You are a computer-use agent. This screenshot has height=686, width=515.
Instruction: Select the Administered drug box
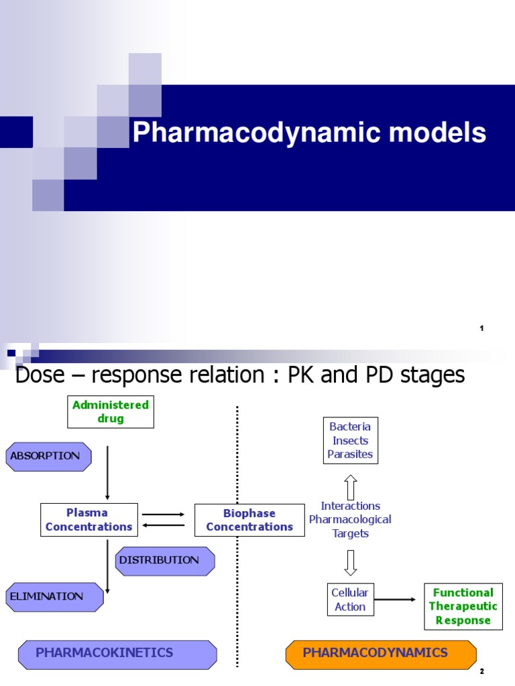(x=111, y=412)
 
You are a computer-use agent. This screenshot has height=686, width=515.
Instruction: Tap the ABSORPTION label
(x=48, y=456)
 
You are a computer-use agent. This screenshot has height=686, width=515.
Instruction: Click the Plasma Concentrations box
(x=89, y=520)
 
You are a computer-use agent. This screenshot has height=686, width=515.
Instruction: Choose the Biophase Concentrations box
(x=249, y=520)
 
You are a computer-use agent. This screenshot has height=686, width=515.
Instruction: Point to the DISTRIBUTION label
(x=164, y=560)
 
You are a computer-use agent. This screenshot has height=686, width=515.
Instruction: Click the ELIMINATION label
(x=54, y=596)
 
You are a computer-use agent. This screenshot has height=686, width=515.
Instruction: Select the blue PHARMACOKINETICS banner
(x=117, y=653)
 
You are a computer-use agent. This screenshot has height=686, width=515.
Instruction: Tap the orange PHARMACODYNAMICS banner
(x=380, y=653)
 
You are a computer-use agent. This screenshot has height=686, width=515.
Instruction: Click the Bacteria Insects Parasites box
(x=349, y=441)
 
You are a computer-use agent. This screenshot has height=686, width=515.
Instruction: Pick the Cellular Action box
(x=349, y=600)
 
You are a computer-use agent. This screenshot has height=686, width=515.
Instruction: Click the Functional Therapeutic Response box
(x=463, y=606)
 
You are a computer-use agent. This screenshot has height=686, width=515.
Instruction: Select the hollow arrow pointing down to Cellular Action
(x=350, y=562)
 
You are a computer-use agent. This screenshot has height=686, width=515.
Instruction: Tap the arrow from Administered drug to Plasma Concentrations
(x=107, y=473)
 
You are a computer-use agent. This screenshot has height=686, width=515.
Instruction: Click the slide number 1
(x=481, y=328)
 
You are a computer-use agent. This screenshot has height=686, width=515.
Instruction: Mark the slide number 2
(x=481, y=671)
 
